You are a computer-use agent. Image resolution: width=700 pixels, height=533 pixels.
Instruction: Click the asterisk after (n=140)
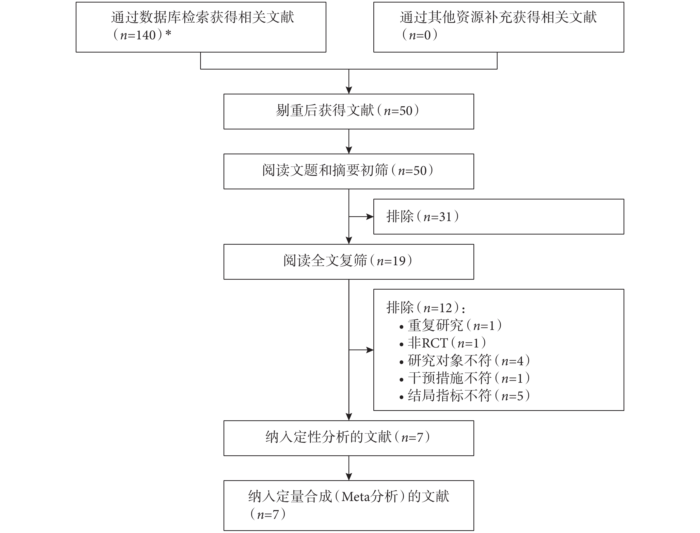(x=168, y=33)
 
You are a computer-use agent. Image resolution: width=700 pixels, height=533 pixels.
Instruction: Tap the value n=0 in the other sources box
(x=420, y=35)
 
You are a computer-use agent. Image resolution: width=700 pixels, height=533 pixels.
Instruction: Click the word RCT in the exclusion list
(x=435, y=343)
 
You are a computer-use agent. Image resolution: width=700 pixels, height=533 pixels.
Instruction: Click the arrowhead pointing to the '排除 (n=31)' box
(x=370, y=217)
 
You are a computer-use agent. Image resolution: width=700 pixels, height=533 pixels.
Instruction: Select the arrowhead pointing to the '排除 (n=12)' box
(x=370, y=350)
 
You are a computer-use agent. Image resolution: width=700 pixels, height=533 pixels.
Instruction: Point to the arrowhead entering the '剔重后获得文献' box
(x=349, y=90)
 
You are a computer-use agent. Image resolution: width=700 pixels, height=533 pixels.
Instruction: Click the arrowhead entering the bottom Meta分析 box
(x=349, y=477)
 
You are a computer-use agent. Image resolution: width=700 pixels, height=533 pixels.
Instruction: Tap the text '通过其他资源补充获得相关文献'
(x=498, y=17)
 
